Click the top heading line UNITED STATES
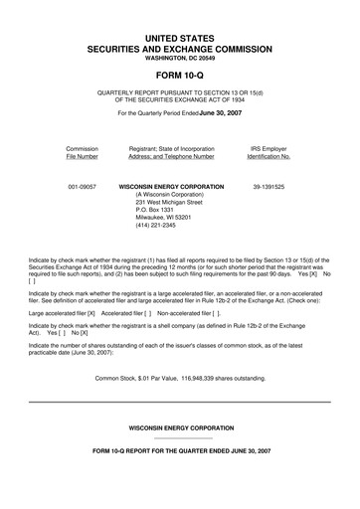(x=179, y=37)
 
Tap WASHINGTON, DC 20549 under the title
(x=179, y=61)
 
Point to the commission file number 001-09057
(x=81, y=186)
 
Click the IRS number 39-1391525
(x=269, y=186)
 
